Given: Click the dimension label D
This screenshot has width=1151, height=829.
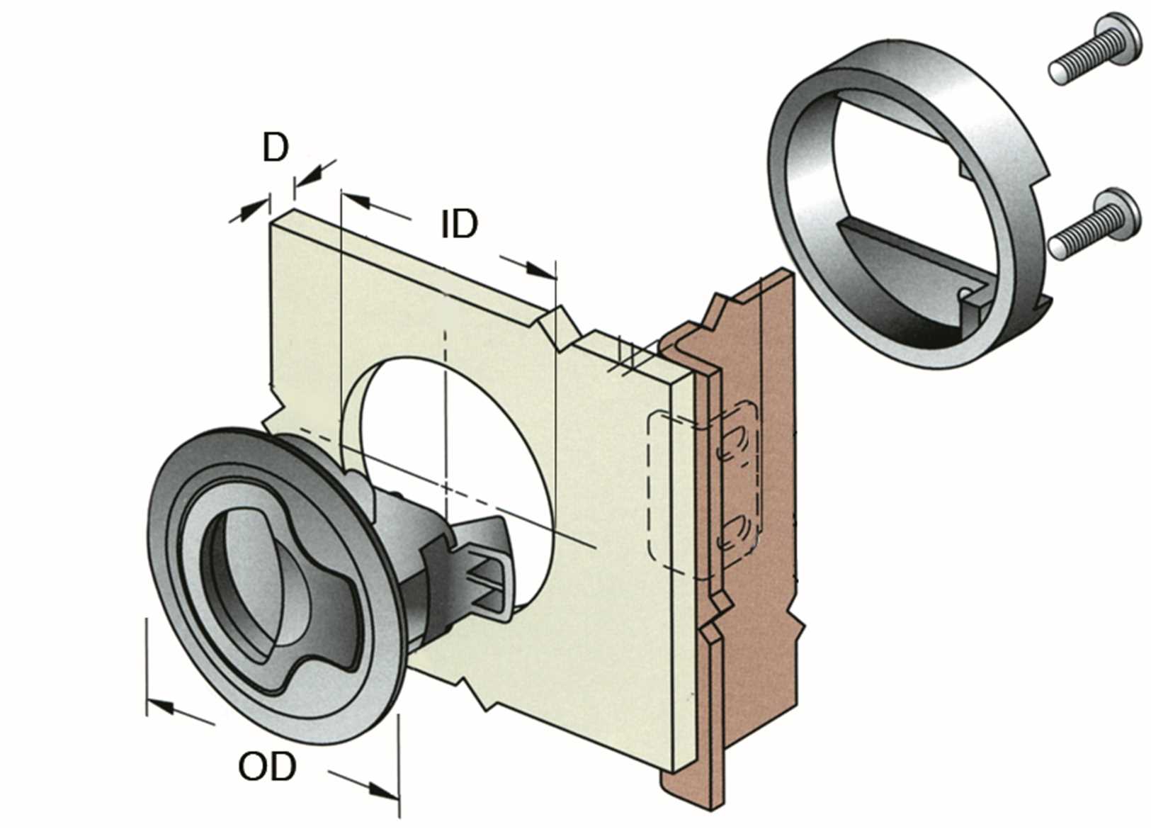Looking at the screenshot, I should [x=276, y=148].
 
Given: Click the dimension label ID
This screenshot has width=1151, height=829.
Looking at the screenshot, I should [x=460, y=224].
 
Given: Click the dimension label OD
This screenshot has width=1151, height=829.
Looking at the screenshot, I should [x=266, y=767].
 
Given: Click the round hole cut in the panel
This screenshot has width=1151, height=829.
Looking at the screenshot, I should [x=453, y=446].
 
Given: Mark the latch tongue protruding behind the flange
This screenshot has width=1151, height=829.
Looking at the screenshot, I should [x=489, y=567].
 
